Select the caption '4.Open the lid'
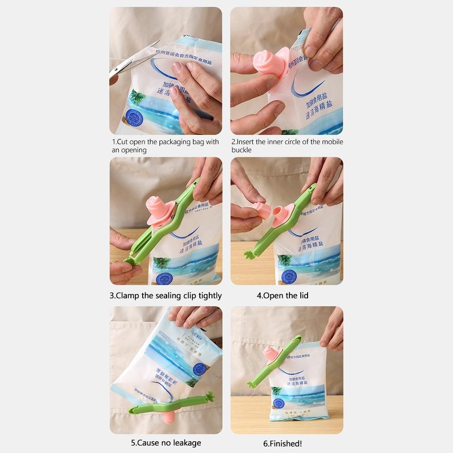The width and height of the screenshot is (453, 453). pos(283,296)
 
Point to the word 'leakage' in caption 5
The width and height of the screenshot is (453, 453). pos(184,443)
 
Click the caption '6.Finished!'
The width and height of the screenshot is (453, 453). pos(283,443)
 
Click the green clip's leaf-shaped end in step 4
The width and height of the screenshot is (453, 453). pos(249,254)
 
